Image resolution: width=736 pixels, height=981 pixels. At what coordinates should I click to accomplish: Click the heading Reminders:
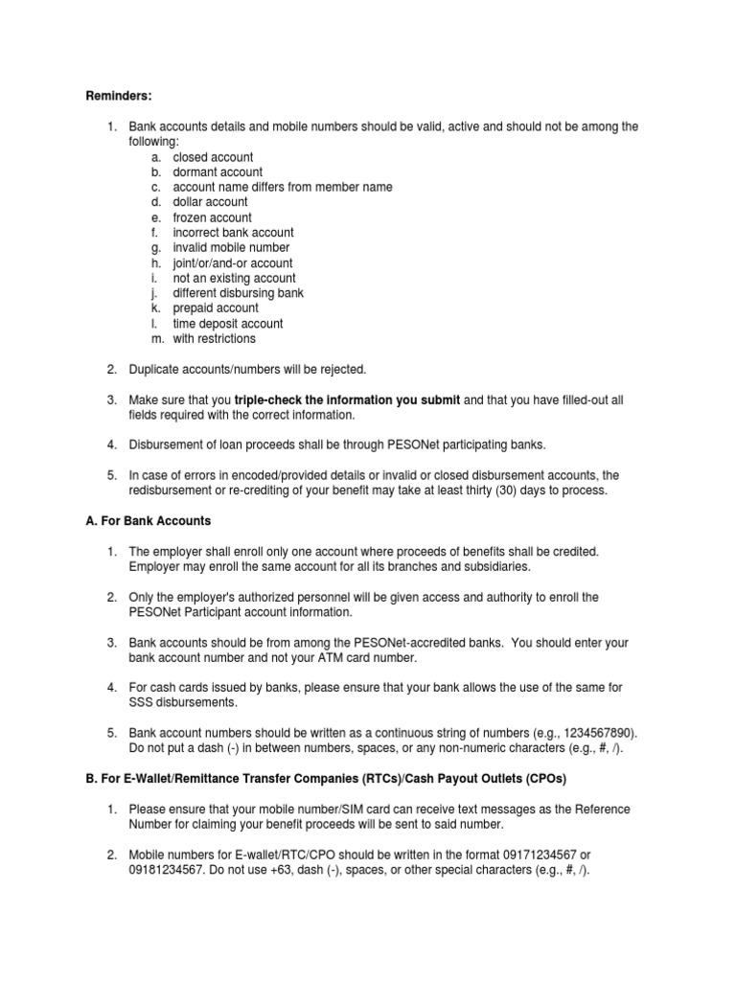click(119, 96)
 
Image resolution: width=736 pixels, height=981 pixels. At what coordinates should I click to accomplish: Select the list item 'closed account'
click(213, 157)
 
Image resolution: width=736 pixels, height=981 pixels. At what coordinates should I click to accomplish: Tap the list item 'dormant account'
click(218, 172)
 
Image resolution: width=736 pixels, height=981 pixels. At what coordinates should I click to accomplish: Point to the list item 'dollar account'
click(210, 202)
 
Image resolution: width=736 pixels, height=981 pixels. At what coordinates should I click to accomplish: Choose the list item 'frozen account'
click(212, 217)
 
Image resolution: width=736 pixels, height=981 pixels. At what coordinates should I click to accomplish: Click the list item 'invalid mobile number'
click(231, 247)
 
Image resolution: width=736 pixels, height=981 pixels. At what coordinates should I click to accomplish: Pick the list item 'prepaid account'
click(216, 308)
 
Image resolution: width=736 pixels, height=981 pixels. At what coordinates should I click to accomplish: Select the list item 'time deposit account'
click(228, 324)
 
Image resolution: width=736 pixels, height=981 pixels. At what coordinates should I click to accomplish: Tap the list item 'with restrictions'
click(215, 338)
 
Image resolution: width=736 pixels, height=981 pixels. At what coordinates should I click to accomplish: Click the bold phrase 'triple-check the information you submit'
click(347, 400)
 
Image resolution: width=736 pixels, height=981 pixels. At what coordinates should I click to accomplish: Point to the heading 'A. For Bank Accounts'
click(149, 521)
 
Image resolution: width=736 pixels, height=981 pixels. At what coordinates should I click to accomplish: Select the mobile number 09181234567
click(164, 870)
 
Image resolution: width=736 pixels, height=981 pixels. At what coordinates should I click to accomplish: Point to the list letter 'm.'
click(157, 338)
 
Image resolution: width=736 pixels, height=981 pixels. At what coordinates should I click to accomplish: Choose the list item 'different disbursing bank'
click(238, 293)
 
